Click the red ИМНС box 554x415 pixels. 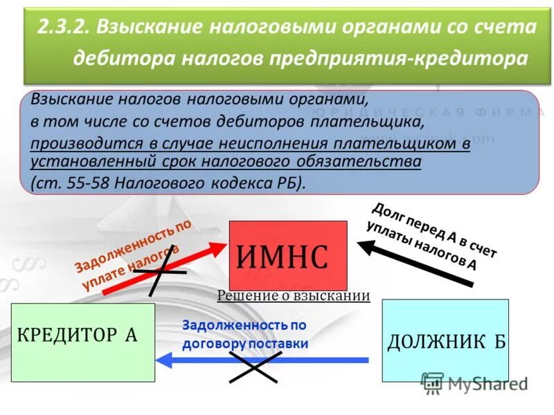(287, 255)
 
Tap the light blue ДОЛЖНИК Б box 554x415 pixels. (445, 340)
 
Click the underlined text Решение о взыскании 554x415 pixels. (294, 296)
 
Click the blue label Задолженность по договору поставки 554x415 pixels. (244, 333)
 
